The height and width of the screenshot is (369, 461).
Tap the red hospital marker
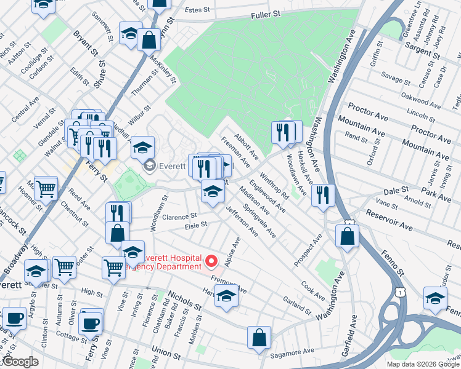point(213,261)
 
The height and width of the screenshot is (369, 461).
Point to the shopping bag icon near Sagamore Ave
point(259,338)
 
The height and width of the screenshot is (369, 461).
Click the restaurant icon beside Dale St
point(323,196)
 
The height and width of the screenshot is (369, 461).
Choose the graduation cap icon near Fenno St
point(436,299)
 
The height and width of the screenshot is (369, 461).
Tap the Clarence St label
point(180,216)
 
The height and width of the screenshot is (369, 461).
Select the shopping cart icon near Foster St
point(64,268)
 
